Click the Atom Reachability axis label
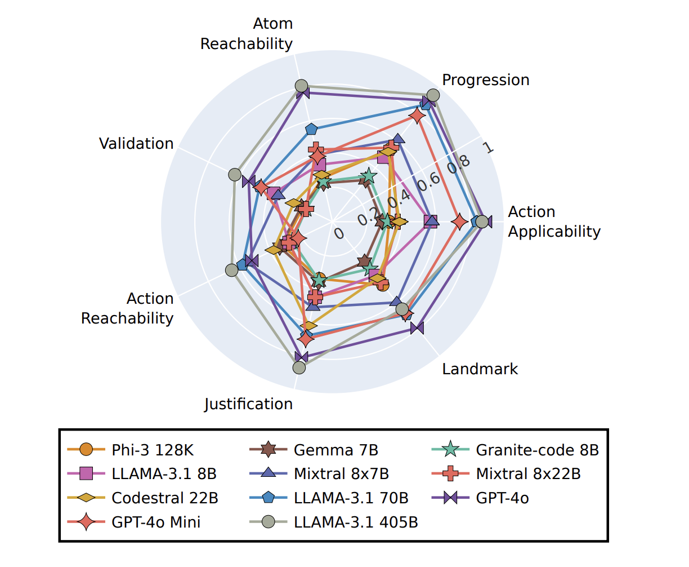pos(247,34)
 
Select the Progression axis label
pos(485,80)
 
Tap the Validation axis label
pos(136,144)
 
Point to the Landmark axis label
pos(480,369)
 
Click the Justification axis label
pos(248,404)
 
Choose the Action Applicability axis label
pos(554,222)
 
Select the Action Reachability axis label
pos(127,308)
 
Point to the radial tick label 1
pos(488,148)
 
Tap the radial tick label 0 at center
pos(338,233)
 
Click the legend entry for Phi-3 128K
pos(153,450)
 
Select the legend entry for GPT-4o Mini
pos(156,522)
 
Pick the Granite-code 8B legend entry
pos(537,450)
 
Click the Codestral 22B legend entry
pos(164,498)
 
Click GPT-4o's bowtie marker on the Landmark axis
pos(417,328)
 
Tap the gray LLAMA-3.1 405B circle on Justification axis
pos(299,367)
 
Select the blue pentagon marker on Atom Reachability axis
pos(311,129)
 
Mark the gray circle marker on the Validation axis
pos(235,175)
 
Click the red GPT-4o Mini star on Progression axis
pos(417,116)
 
